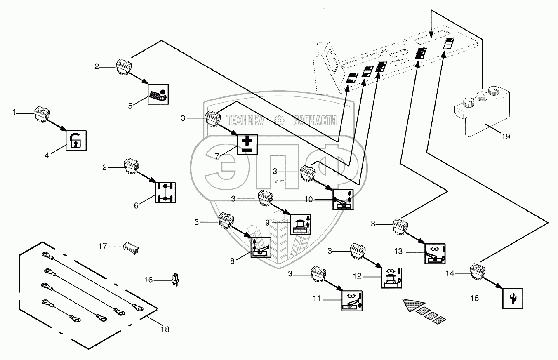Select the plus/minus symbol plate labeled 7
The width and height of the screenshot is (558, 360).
tap(247, 144)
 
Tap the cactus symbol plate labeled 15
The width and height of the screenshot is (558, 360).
tap(513, 298)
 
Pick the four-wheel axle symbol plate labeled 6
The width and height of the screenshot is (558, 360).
tap(165, 192)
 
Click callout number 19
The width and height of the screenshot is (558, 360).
tap(506, 137)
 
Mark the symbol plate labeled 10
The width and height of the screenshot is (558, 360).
tap(343, 200)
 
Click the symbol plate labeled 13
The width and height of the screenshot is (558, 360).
tap(435, 253)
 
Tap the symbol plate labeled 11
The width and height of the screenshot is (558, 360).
tap(352, 300)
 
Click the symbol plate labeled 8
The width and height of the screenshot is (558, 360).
tap(261, 248)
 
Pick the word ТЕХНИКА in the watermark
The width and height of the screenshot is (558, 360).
tap(246, 120)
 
